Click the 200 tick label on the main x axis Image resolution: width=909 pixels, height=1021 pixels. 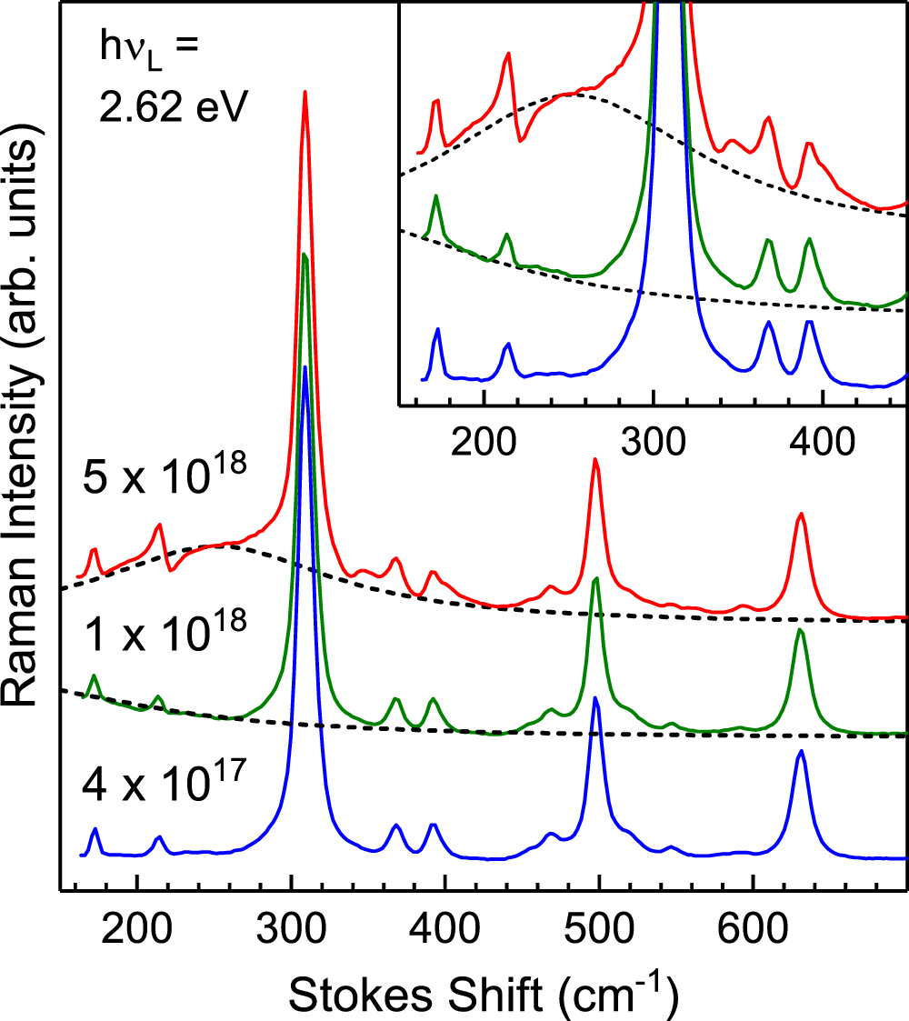coord(136,930)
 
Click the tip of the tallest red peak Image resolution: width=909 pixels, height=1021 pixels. coord(305,91)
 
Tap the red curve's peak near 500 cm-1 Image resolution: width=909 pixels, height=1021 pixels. coord(595,459)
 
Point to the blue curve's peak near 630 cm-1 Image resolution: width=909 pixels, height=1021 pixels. coord(801,751)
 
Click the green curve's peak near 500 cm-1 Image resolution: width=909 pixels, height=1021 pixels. coord(596,578)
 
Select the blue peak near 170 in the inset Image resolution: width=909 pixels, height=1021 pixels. coord(438,329)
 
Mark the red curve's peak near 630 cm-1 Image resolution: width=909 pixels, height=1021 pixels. coord(801,514)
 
